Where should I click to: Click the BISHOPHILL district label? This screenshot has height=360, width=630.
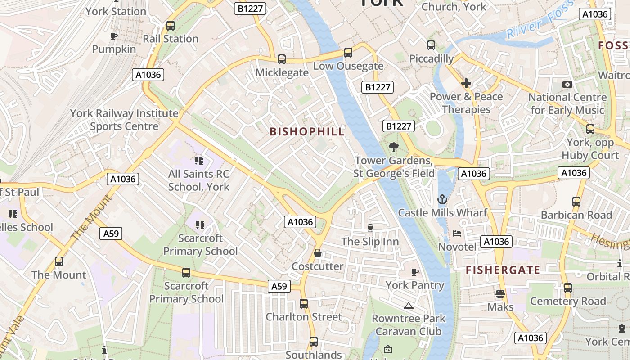pos(307,132)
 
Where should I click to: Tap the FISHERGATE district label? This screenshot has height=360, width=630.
pos(503,270)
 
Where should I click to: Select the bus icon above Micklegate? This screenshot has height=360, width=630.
pos(282,59)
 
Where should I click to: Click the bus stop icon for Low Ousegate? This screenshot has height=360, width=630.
pos(348,53)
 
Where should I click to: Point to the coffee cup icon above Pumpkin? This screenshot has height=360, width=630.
pos(114,36)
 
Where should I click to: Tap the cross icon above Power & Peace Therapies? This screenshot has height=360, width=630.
pos(466,83)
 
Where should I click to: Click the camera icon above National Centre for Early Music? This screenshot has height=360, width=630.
pos(567,84)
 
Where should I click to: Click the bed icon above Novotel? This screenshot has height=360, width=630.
pos(457,234)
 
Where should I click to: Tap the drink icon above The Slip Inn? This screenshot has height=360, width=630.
pos(370,228)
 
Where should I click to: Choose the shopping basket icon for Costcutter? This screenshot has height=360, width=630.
pos(318,253)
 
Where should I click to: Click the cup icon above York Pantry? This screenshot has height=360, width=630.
pos(415,272)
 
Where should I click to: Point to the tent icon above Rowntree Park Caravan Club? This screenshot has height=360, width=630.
pos(409,306)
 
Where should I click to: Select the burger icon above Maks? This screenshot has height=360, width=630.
pos(500,294)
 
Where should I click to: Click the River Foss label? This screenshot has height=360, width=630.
pos(540,20)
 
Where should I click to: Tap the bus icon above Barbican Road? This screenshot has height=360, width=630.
pos(576,202)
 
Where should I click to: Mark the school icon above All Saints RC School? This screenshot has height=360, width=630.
pos(199,161)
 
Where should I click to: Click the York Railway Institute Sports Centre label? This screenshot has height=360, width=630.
pos(124,120)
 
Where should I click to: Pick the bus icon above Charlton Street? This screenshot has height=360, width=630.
pos(304,304)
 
